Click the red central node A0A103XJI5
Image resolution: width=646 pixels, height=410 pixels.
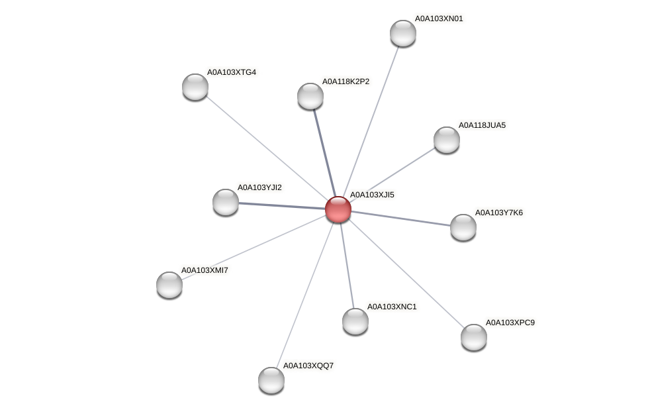(338, 209)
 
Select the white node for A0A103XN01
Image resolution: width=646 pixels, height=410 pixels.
(402, 33)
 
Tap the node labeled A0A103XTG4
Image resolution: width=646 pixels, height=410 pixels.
(195, 87)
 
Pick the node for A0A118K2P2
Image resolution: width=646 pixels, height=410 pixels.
(310, 96)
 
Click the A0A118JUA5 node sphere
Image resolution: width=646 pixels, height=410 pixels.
(447, 140)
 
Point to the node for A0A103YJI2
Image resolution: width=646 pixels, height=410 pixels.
(226, 202)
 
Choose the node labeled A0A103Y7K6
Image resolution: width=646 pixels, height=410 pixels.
(463, 227)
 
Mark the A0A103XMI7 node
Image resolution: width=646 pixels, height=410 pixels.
(169, 285)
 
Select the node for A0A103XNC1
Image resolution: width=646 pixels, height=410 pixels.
(355, 321)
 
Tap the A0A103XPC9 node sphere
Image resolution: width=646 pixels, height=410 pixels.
(474, 337)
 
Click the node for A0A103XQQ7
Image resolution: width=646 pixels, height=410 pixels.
(271, 380)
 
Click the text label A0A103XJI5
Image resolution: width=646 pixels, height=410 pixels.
(371, 195)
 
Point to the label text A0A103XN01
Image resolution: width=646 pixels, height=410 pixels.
(438, 19)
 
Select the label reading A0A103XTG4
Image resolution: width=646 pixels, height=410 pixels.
(231, 72)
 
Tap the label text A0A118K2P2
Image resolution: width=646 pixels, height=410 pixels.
(346, 81)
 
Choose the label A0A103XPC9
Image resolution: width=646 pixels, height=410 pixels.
(510, 323)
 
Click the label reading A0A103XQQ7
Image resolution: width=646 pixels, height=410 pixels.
(308, 366)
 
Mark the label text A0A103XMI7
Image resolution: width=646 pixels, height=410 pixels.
(204, 270)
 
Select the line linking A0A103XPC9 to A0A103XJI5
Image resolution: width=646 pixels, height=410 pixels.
(406, 274)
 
